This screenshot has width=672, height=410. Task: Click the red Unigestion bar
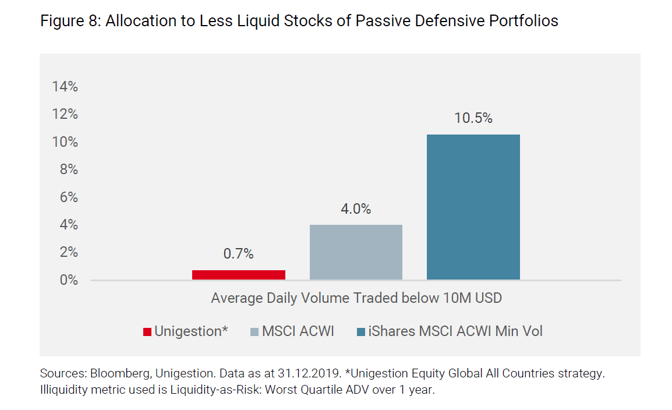pyautogui.click(x=238, y=275)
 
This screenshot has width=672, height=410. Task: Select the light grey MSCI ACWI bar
pyautogui.click(x=356, y=252)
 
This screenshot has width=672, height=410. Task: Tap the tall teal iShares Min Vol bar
pyautogui.click(x=473, y=207)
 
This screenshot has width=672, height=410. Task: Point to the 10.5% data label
pyautogui.click(x=473, y=118)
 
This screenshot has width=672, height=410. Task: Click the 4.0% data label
pyautogui.click(x=356, y=209)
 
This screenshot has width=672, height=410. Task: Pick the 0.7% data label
pyautogui.click(x=238, y=254)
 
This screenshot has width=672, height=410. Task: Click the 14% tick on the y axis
pyautogui.click(x=65, y=87)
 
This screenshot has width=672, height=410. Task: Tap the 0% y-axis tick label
pyautogui.click(x=68, y=280)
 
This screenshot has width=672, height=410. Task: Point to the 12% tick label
pyautogui.click(x=65, y=114)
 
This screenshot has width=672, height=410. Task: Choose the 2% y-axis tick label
pyautogui.click(x=68, y=252)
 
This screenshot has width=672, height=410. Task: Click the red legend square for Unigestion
pyautogui.click(x=147, y=332)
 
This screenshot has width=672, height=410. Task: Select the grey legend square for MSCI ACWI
pyautogui.click(x=254, y=332)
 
